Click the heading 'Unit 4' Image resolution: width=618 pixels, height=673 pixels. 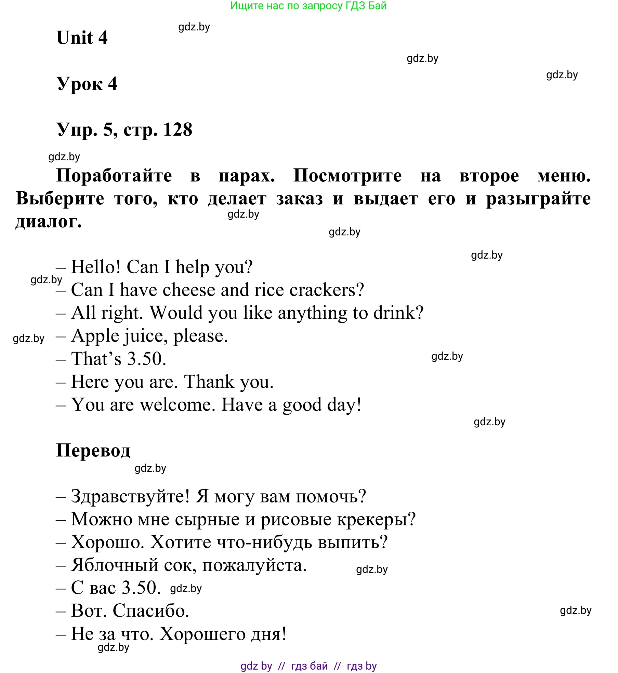click(x=82, y=38)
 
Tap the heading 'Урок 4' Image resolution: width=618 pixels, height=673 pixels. click(x=87, y=84)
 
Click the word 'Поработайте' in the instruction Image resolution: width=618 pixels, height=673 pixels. click(x=114, y=176)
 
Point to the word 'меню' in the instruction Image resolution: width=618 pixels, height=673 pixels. click(x=563, y=176)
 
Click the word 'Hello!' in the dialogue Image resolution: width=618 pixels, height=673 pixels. click(x=96, y=267)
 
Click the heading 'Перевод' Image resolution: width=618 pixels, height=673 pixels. click(x=93, y=451)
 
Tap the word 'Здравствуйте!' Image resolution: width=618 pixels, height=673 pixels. click(x=130, y=496)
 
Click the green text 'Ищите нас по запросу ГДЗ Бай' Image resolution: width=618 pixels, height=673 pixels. click(x=308, y=6)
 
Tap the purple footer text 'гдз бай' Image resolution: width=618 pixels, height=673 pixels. click(x=309, y=666)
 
